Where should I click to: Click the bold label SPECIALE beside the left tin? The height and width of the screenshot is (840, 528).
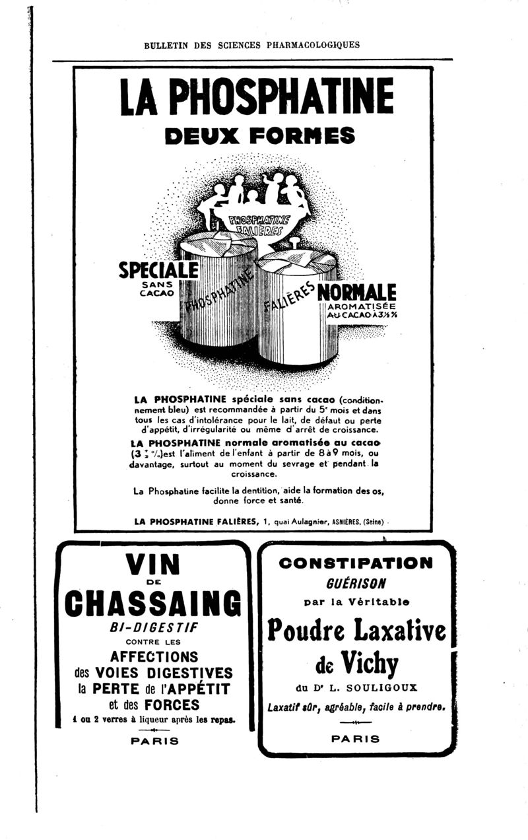(x=158, y=269)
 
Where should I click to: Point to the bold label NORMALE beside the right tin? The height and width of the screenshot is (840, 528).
(x=356, y=291)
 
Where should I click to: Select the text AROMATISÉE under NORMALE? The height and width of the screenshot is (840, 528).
(x=361, y=306)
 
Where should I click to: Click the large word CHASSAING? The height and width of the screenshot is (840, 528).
(x=153, y=603)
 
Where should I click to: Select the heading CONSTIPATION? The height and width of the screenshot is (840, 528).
(x=356, y=563)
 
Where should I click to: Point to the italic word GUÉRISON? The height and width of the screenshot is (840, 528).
(x=356, y=584)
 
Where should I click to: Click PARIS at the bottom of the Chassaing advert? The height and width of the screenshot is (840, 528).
(x=154, y=741)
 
